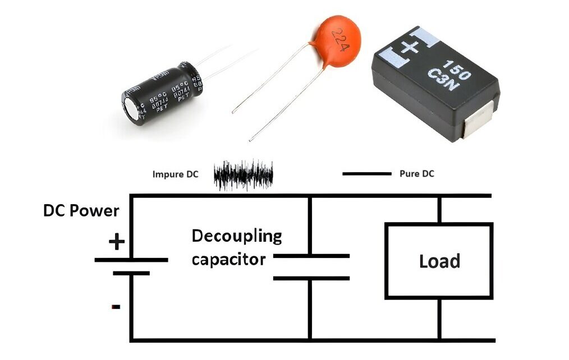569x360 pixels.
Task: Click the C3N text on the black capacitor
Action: pos(449,78)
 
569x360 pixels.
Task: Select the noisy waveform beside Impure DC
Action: pos(244,174)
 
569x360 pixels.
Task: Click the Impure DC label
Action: pos(175,174)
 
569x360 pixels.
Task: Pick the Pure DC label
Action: pos(416,174)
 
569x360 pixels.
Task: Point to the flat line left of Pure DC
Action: pos(366,174)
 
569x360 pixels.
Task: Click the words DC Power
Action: pos(81,211)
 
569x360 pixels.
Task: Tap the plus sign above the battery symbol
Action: pos(116,242)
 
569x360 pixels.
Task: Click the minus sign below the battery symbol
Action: pos(116,307)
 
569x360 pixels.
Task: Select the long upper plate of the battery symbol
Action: pos(131,260)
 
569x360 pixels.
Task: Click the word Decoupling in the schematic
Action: pos(236,236)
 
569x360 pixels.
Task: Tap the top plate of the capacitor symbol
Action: pos(310,256)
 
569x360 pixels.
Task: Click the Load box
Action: pos(439,261)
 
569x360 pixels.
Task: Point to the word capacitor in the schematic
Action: pos(228,260)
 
